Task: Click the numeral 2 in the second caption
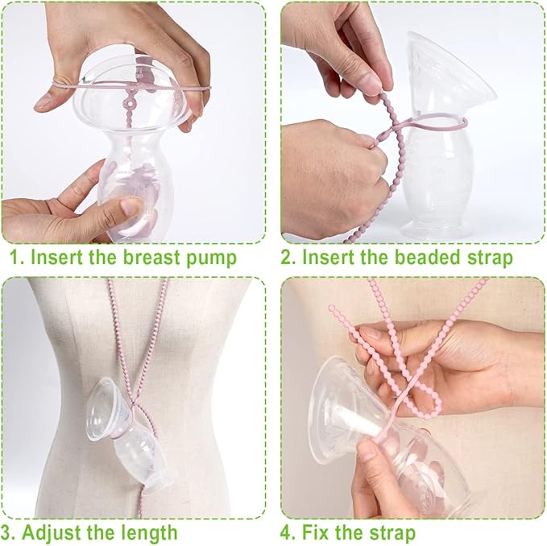[x=287, y=259]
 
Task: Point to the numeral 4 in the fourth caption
[x=287, y=532]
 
